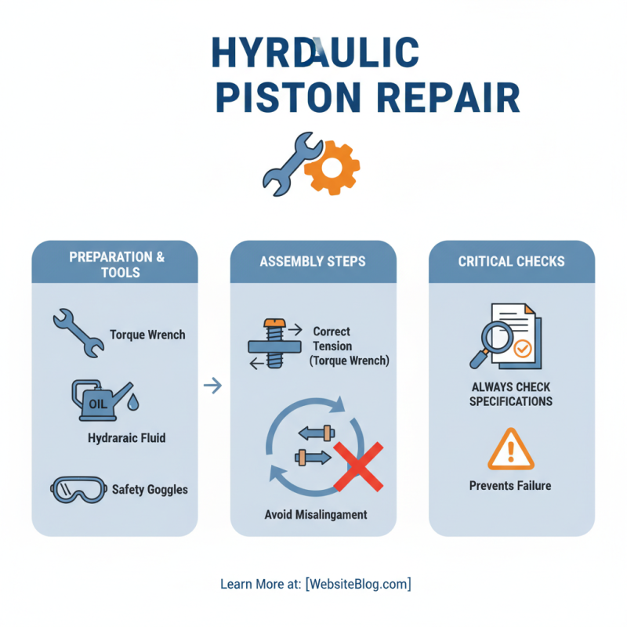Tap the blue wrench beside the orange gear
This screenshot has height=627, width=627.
click(288, 163)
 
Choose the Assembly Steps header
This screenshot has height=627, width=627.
click(313, 261)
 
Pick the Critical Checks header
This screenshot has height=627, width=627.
click(511, 261)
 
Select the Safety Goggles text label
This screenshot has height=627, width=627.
click(150, 489)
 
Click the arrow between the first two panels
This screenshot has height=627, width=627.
click(212, 386)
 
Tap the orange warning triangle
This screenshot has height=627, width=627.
click(510, 449)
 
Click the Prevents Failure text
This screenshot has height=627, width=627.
click(510, 486)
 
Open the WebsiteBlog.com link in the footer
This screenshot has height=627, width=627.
click(358, 584)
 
